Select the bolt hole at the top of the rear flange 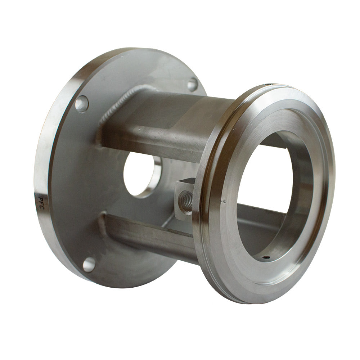point(193,84)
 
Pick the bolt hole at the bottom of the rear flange point(89,265)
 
